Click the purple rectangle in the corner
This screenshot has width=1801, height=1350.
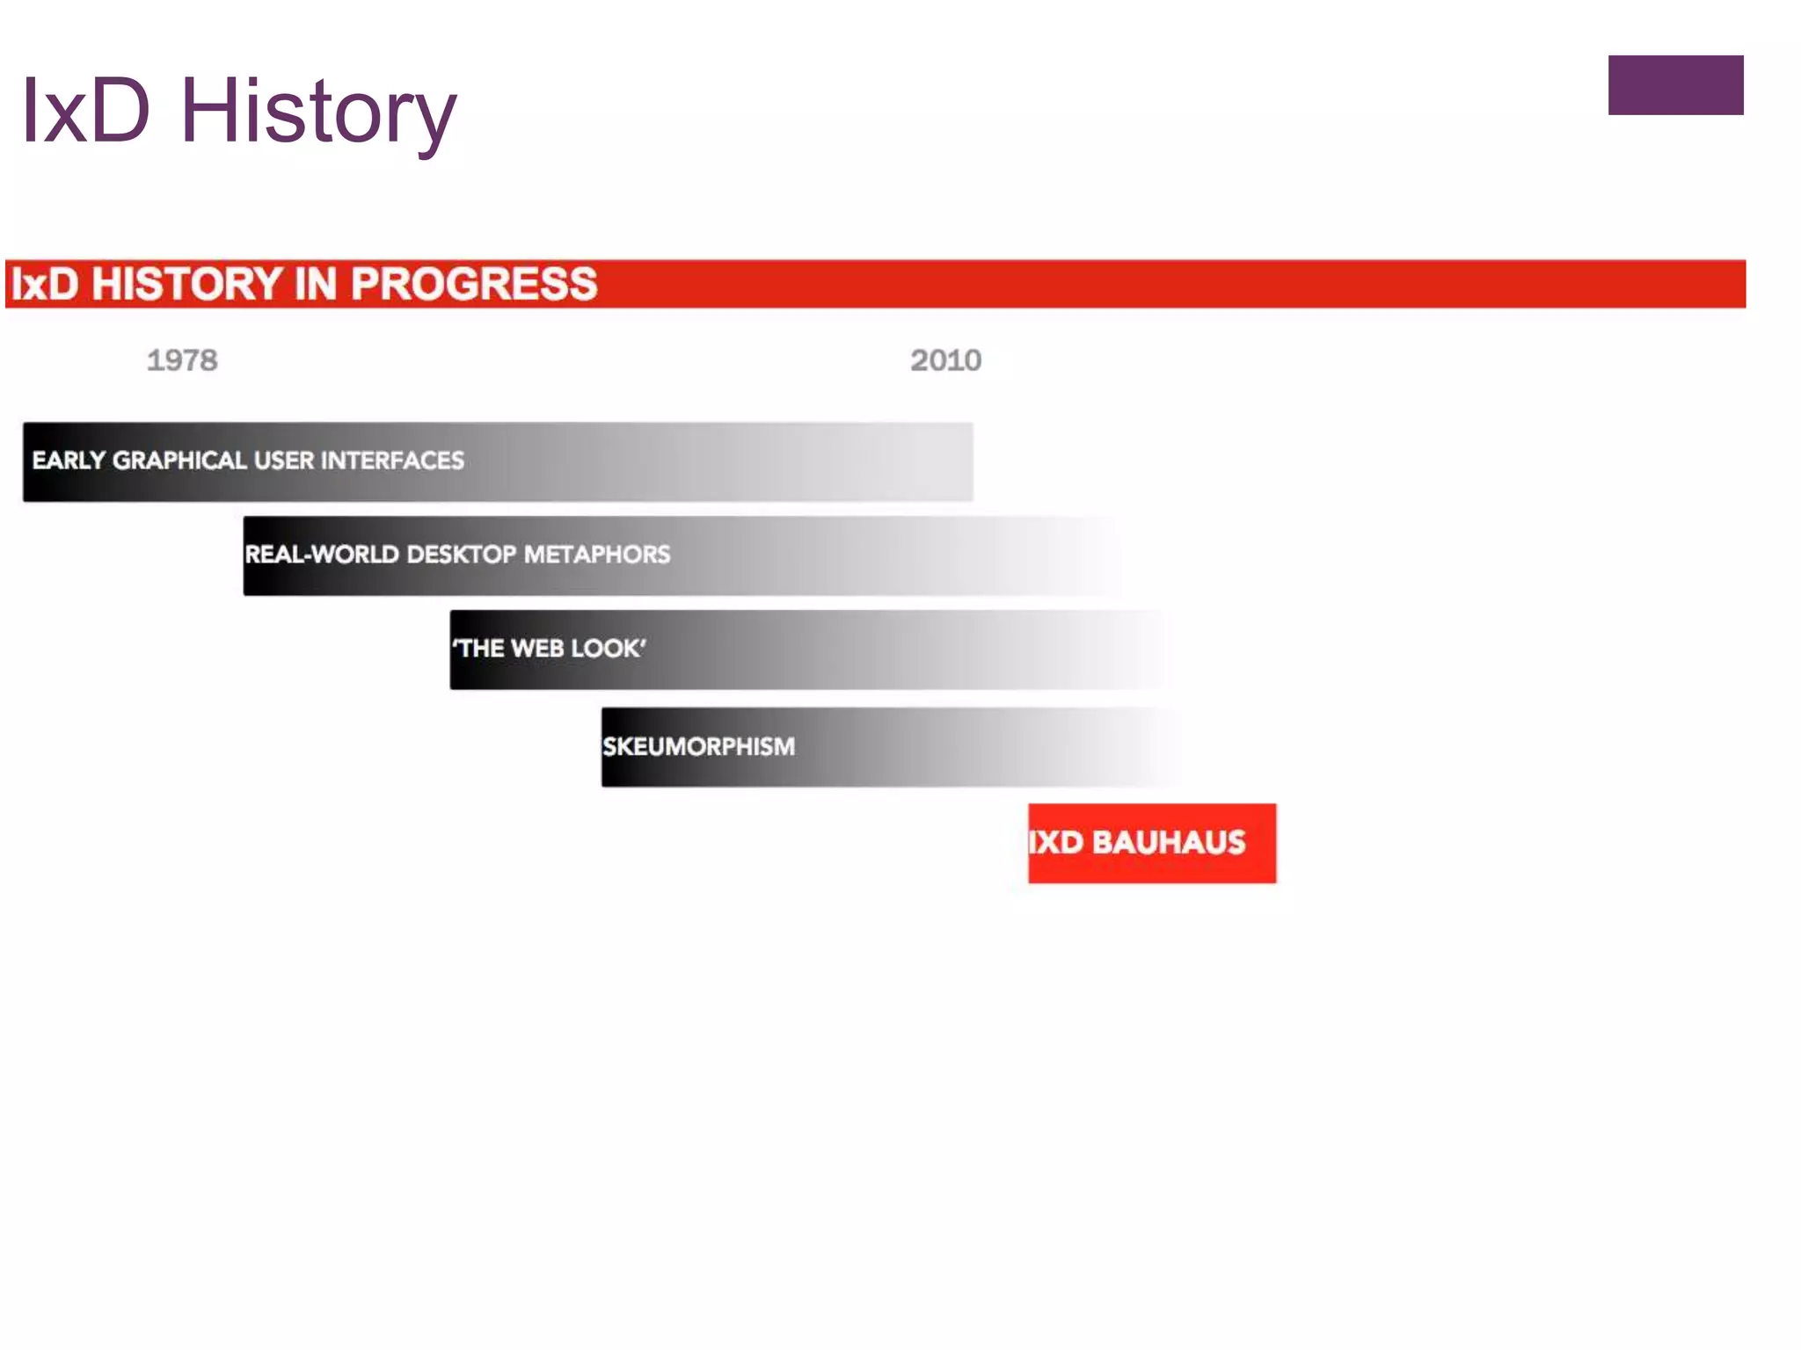pyautogui.click(x=1675, y=85)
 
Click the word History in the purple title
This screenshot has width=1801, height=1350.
pyautogui.click(x=317, y=112)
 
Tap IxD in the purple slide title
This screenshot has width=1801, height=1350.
pyautogui.click(x=85, y=112)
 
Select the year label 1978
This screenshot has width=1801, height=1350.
pyautogui.click(x=182, y=360)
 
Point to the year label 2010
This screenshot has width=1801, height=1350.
pyautogui.click(x=945, y=360)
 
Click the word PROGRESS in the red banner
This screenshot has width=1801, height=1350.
pyautogui.click(x=474, y=284)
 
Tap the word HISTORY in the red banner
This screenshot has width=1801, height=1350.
pyautogui.click(x=186, y=284)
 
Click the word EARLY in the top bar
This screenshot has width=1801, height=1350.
pyautogui.click(x=69, y=461)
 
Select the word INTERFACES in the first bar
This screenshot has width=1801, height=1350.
pyautogui.click(x=392, y=461)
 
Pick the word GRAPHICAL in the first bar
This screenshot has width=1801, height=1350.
pyautogui.click(x=179, y=461)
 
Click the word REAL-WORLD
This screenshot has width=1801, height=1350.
pyautogui.click(x=321, y=555)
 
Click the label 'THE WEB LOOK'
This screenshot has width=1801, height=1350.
pyautogui.click(x=549, y=649)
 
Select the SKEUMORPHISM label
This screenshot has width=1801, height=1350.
pyautogui.click(x=698, y=747)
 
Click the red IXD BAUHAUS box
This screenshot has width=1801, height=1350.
pyautogui.click(x=1152, y=843)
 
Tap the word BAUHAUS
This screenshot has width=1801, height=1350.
pyautogui.click(x=1169, y=843)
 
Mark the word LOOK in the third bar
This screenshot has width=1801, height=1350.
pyautogui.click(x=609, y=649)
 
